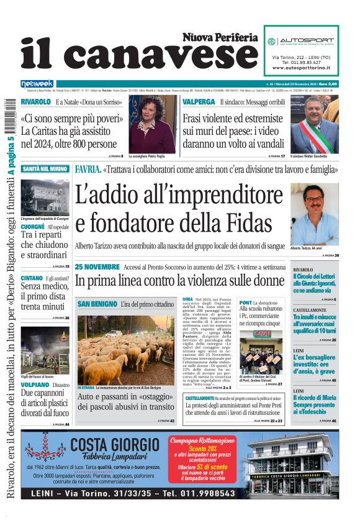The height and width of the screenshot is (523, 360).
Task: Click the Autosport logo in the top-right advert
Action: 301,42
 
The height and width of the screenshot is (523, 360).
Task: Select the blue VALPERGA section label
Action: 199,101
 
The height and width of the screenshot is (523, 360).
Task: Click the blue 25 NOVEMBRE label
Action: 97,266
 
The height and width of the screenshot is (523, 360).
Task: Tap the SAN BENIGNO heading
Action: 97,304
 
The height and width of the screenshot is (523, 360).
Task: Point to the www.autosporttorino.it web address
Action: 301,67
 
